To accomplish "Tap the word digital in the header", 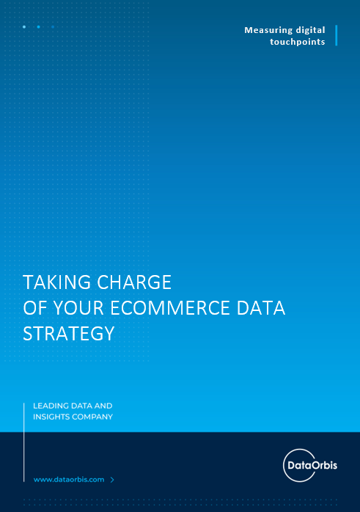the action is pyautogui.click(x=310, y=30).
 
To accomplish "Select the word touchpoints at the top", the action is pyautogui.click(x=298, y=42).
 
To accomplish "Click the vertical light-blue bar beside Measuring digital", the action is pyautogui.click(x=337, y=35).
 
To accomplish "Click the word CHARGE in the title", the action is pyautogui.click(x=134, y=282).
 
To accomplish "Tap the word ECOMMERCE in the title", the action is pyautogui.click(x=170, y=308).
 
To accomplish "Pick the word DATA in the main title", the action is pyautogui.click(x=261, y=308).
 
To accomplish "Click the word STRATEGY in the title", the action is pyautogui.click(x=69, y=334).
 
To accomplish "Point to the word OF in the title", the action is pyautogui.click(x=35, y=308).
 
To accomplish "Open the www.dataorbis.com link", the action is pyautogui.click(x=69, y=480).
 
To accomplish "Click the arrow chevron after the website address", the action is pyautogui.click(x=112, y=480).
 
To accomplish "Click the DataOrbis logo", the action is pyautogui.click(x=309, y=465).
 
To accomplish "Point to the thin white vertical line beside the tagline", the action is pyautogui.click(x=23, y=442).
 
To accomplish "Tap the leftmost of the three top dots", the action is pyautogui.click(x=24, y=27).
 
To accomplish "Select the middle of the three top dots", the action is pyautogui.click(x=39, y=27).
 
